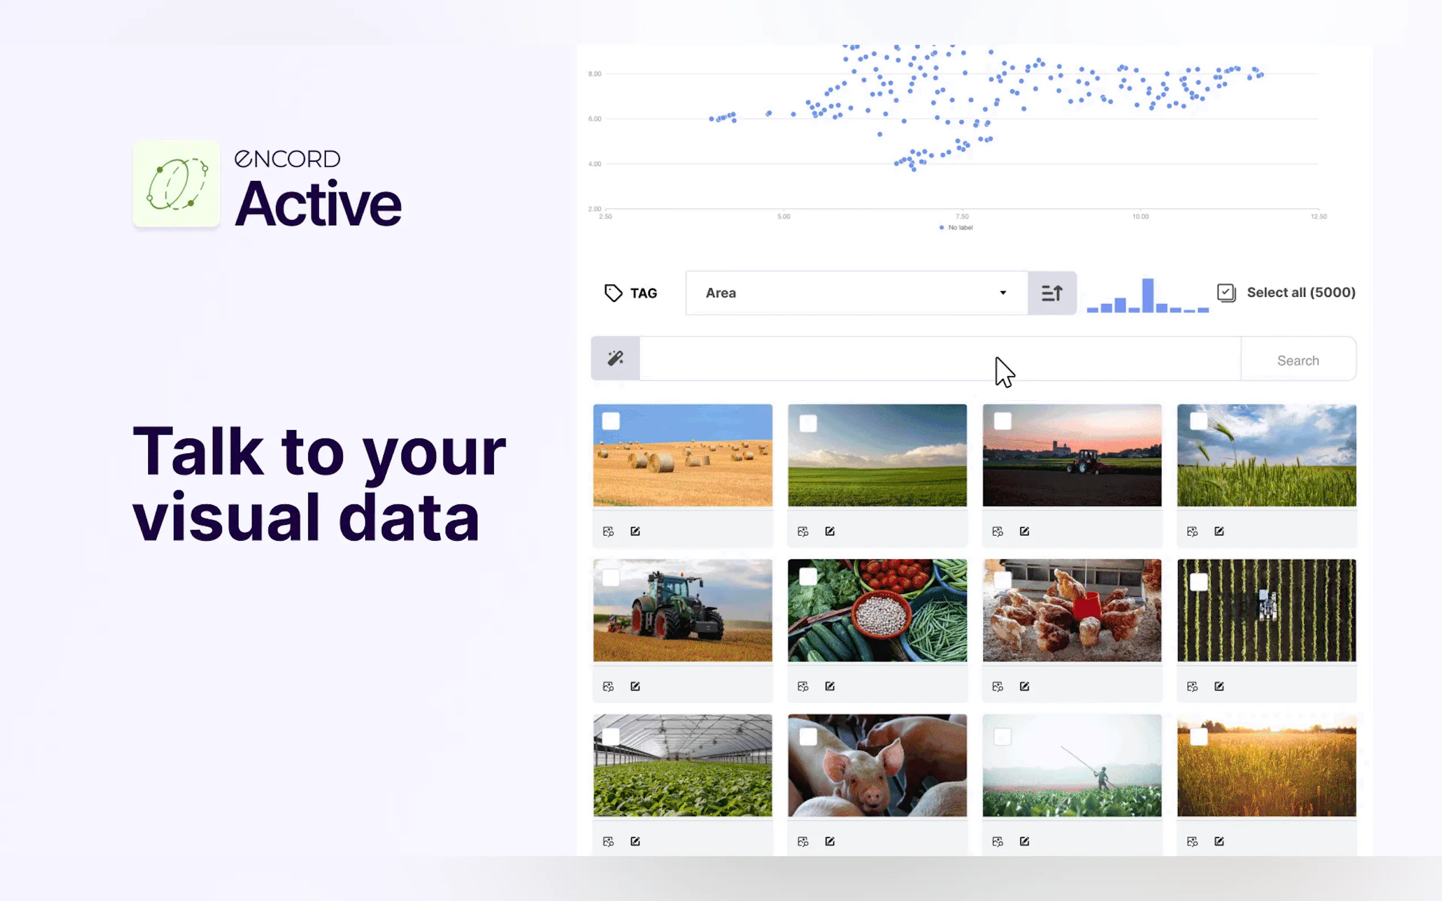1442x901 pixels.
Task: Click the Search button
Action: (x=1298, y=360)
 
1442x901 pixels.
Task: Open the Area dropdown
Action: (x=857, y=293)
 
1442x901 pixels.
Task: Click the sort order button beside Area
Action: (x=1051, y=293)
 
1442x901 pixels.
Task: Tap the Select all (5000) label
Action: (x=1301, y=292)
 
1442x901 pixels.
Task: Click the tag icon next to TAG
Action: (x=613, y=293)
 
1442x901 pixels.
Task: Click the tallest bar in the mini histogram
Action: (x=1147, y=295)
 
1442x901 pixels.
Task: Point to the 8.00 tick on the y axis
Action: (x=594, y=74)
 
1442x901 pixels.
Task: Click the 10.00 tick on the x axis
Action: (x=1141, y=216)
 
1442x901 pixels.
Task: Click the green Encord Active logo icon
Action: (x=176, y=183)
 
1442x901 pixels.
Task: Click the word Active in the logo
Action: (x=318, y=204)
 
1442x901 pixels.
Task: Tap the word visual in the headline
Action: (x=227, y=517)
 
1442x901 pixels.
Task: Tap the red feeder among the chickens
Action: (x=1085, y=606)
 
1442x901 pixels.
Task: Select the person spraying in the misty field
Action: (x=1101, y=778)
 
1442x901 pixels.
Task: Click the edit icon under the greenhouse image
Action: (x=635, y=841)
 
